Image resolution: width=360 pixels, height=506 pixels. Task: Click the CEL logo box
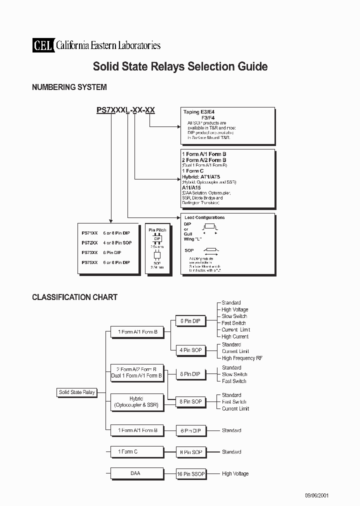[x=42, y=45]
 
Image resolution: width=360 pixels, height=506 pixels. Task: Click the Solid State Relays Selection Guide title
[x=180, y=66]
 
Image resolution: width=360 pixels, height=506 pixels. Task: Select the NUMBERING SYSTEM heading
[x=69, y=87]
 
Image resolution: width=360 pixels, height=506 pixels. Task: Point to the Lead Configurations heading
[x=204, y=217]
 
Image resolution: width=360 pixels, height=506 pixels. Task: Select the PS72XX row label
[x=89, y=242]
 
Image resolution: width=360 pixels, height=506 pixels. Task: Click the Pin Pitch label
[x=157, y=230]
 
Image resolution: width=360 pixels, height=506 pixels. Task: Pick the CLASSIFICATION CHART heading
[x=74, y=297]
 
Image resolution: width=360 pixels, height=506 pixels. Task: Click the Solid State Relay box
[x=77, y=392]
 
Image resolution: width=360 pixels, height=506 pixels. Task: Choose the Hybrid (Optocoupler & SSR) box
[x=136, y=402]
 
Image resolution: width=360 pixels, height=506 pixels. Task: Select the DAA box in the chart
[x=136, y=473]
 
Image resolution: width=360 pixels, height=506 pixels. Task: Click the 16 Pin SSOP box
[x=191, y=473]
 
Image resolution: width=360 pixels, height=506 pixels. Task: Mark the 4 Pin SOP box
[x=190, y=350]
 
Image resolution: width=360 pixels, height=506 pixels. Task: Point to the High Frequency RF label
[x=242, y=358]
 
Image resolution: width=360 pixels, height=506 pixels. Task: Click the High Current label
[x=235, y=336]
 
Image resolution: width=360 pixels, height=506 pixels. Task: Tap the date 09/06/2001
[x=316, y=495]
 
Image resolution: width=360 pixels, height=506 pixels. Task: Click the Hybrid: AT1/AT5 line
[x=201, y=176]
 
